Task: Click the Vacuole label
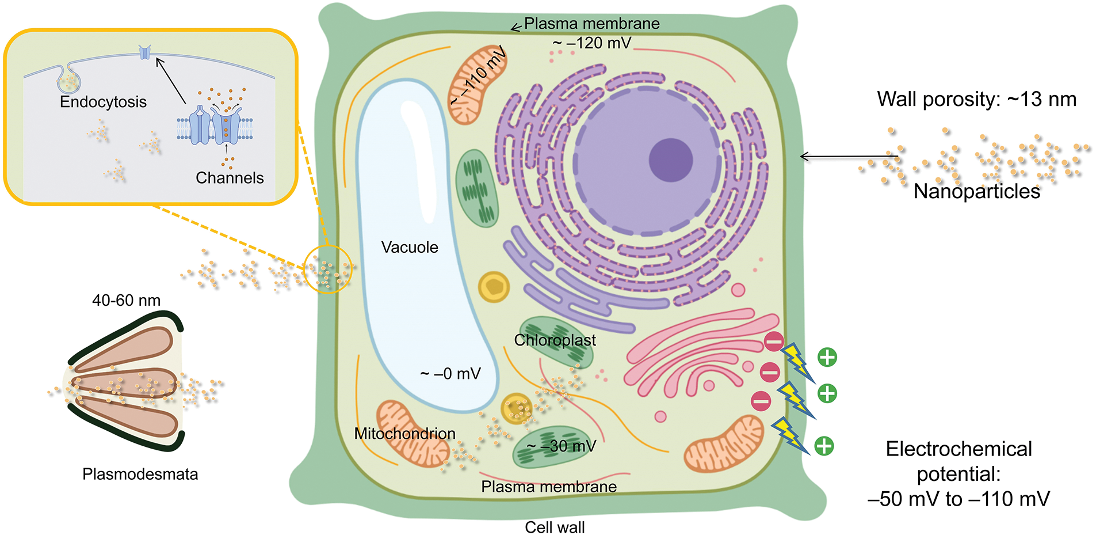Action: tap(410, 248)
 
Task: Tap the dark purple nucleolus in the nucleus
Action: tap(670, 160)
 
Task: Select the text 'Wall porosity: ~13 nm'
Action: tap(976, 100)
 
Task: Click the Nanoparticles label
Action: tap(976, 191)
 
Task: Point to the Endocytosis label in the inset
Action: tap(103, 103)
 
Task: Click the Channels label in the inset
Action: tap(230, 178)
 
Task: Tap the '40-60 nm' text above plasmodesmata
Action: tap(126, 300)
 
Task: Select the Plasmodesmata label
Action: tap(140, 474)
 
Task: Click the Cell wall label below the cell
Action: tap(555, 527)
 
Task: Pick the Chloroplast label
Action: tap(555, 340)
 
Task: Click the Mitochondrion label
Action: tap(404, 434)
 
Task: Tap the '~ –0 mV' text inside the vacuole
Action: tap(450, 374)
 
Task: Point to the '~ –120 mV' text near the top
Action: tap(592, 43)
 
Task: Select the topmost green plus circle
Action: tap(827, 357)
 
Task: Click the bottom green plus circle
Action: tap(824, 446)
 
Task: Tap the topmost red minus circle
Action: tap(774, 342)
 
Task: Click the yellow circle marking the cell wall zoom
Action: tap(327, 269)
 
